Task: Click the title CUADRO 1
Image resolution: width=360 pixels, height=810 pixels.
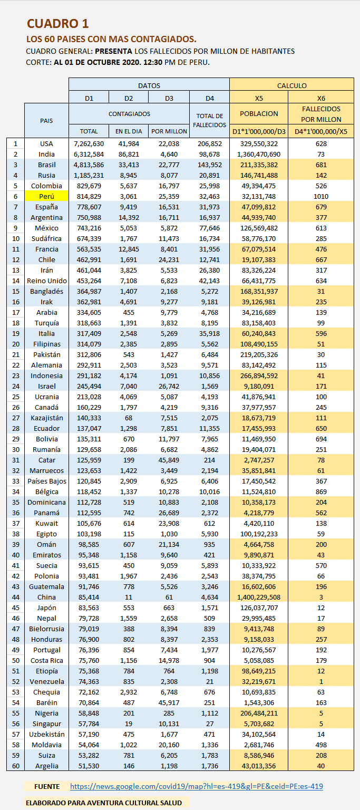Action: click(58, 24)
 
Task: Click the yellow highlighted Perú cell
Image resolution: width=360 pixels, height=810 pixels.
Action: click(46, 196)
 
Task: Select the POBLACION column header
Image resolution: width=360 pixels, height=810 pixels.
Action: click(259, 114)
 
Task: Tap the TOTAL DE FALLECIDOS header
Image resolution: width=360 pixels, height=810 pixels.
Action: click(209, 120)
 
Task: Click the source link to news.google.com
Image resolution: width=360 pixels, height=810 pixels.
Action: click(196, 786)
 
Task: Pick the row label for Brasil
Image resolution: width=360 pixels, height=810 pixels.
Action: click(46, 165)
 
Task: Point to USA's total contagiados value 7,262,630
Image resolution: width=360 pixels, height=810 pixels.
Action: click(89, 143)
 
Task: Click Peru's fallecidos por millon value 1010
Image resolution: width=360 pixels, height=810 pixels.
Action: click(321, 196)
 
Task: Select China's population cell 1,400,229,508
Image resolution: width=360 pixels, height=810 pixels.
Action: click(259, 597)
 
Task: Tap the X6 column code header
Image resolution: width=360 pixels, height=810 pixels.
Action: click(321, 98)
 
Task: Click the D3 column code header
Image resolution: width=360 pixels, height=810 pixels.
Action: click(169, 98)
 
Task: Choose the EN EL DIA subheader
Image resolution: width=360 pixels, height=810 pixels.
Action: click(129, 131)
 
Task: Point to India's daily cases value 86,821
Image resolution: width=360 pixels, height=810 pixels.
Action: click(129, 154)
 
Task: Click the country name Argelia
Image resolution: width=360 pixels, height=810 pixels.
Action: click(46, 766)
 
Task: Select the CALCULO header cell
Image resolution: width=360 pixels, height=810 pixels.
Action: click(291, 85)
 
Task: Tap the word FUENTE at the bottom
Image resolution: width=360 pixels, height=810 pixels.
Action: click(47, 786)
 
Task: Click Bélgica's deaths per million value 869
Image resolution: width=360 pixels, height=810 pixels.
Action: click(321, 491)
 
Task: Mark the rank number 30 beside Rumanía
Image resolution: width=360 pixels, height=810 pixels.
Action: click(15, 449)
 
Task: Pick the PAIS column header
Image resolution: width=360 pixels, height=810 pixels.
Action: click(46, 121)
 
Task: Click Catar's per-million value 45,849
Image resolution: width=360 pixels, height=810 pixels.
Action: click(169, 460)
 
